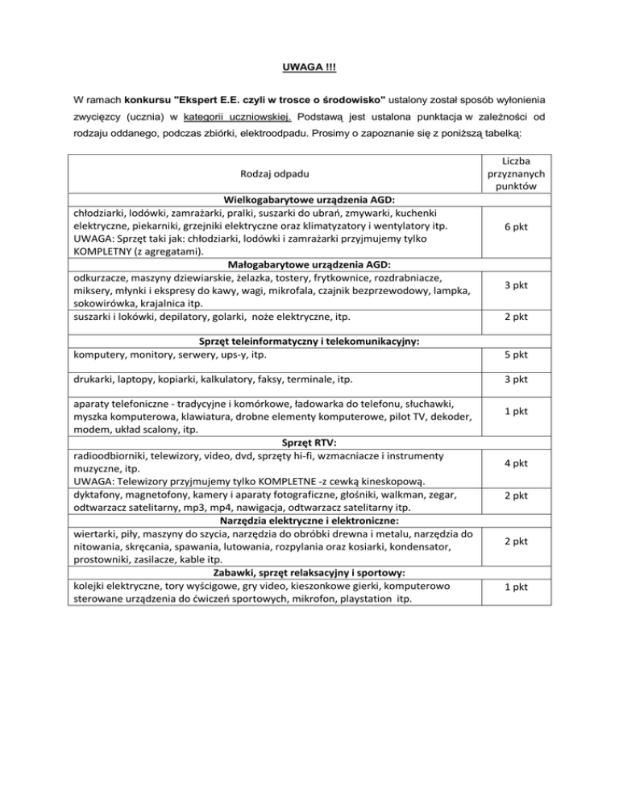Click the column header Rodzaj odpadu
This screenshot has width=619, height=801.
272,173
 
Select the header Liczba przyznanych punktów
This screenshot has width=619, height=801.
514,173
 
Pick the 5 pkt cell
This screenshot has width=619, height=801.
514,355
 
